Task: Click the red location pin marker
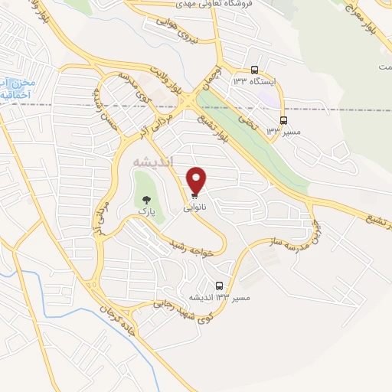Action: point(197,180)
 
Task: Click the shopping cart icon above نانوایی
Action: point(194,197)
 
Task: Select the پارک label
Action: point(146,209)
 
